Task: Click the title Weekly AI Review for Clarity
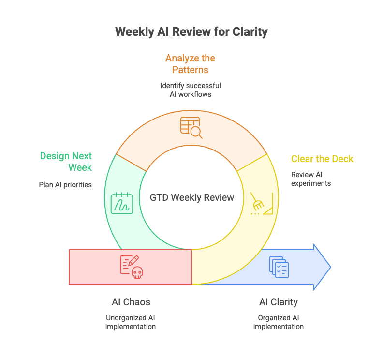pos(191,32)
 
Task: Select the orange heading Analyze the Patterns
pos(190,64)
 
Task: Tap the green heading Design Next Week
pos(66,162)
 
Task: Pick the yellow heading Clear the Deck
pos(322,159)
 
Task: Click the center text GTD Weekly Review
pos(192,197)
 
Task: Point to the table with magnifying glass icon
pos(191,127)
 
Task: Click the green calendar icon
pos(121,203)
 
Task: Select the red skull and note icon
pos(131,267)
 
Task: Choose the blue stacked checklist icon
pos(279,267)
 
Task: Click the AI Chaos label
pos(131,302)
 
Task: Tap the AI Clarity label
pos(278,302)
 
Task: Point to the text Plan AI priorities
pos(65,185)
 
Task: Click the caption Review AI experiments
pos(311,179)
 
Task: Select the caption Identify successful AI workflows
pos(191,90)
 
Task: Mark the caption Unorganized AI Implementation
pos(131,322)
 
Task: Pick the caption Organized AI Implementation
pos(278,322)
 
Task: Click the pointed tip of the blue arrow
pos(330,267)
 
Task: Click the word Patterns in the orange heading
pos(190,70)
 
